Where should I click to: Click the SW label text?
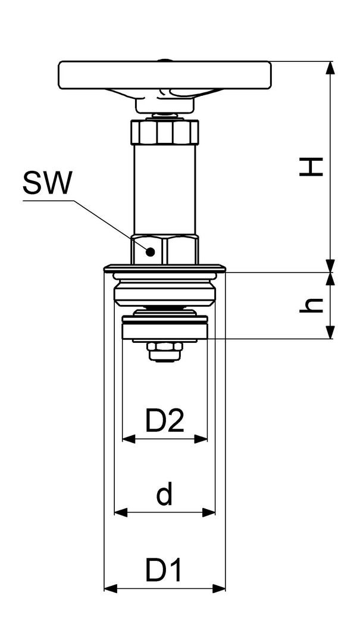(47, 183)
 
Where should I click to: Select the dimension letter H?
(311, 167)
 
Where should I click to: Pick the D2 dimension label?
(165, 421)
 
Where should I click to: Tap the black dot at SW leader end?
(151, 252)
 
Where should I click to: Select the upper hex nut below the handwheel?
(164, 132)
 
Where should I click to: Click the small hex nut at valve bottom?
(164, 352)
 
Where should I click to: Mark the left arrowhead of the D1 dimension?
(111, 589)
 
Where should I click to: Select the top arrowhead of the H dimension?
(330, 68)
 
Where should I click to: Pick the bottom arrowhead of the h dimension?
(330, 333)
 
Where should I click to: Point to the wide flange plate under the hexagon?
(164, 269)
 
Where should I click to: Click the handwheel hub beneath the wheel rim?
(164, 105)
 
